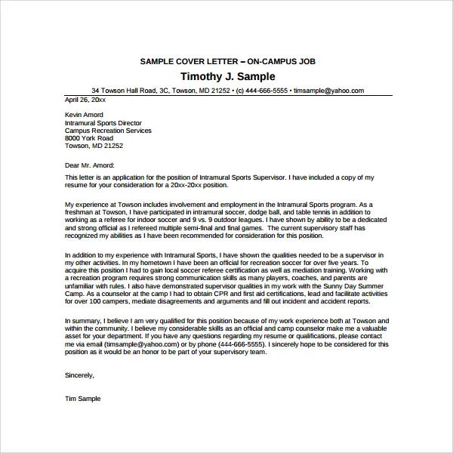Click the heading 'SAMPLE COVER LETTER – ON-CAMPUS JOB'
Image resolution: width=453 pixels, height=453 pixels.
point(228,60)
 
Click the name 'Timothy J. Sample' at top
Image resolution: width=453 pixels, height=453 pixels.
point(228,76)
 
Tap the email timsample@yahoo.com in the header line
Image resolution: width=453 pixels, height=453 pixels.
point(328,91)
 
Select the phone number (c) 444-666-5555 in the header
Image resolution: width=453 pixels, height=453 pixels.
point(262,91)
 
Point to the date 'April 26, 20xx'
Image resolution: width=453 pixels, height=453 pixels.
point(85,99)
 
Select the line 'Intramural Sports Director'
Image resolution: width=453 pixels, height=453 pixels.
point(103,123)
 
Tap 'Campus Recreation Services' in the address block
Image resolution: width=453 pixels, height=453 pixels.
point(108,131)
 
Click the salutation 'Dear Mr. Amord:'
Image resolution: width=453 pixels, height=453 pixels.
point(90,164)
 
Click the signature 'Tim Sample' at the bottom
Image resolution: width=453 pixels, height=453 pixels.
point(82,398)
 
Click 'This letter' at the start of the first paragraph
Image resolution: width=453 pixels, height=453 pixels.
point(79,177)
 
